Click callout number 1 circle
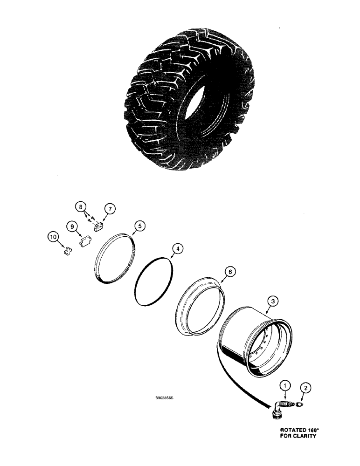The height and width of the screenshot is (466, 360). (x=284, y=385)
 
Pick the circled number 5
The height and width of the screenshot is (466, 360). (x=139, y=226)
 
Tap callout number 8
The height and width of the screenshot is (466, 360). (x=82, y=206)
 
